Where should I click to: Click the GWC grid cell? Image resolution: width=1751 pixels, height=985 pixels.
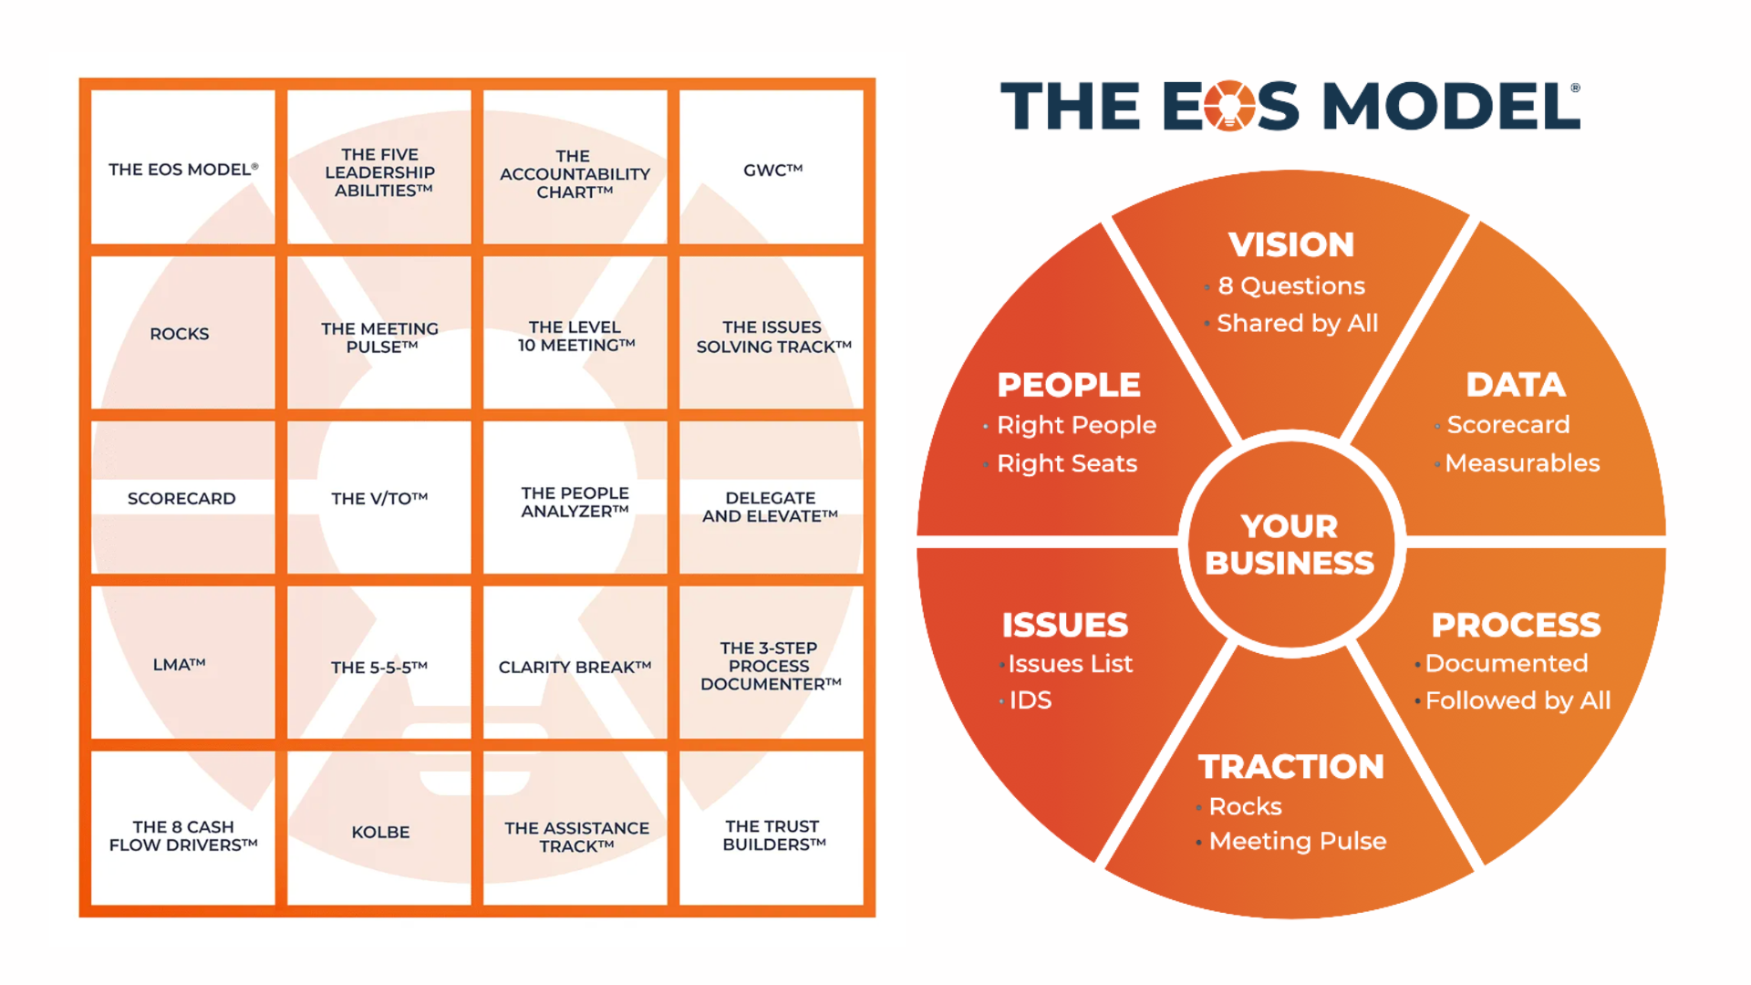point(772,169)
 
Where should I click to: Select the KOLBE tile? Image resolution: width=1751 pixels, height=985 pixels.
point(380,831)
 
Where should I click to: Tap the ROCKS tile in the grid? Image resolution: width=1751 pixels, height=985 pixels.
point(181,334)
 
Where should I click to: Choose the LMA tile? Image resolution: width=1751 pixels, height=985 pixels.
point(181,665)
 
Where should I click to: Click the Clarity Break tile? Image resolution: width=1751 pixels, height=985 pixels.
point(575,667)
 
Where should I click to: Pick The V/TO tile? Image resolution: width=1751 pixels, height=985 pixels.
point(379,498)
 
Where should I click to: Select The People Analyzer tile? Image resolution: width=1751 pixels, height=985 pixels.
point(575,502)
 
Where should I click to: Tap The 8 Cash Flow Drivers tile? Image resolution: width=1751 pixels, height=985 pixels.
point(183,835)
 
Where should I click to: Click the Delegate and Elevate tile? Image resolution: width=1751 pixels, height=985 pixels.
point(771,506)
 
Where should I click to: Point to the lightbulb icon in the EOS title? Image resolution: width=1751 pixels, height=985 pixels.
point(1229,106)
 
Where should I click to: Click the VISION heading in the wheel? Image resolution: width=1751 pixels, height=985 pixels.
point(1290,244)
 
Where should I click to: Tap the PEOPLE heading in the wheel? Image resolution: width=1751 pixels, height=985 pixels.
point(1069,385)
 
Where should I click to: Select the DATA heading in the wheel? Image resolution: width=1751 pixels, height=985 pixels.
point(1515,385)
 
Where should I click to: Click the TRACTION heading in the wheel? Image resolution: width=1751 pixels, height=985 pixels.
point(1290,767)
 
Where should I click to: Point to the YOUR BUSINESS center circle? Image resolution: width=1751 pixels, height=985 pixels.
point(1290,544)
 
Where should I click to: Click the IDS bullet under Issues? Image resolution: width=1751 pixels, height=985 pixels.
point(1031,700)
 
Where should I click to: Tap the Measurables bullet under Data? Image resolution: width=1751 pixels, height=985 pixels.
point(1522,463)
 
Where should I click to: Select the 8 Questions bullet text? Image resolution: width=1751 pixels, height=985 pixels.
point(1291,286)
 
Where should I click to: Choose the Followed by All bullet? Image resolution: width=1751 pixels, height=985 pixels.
point(1518,700)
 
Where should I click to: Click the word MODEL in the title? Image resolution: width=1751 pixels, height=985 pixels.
point(1450,106)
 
